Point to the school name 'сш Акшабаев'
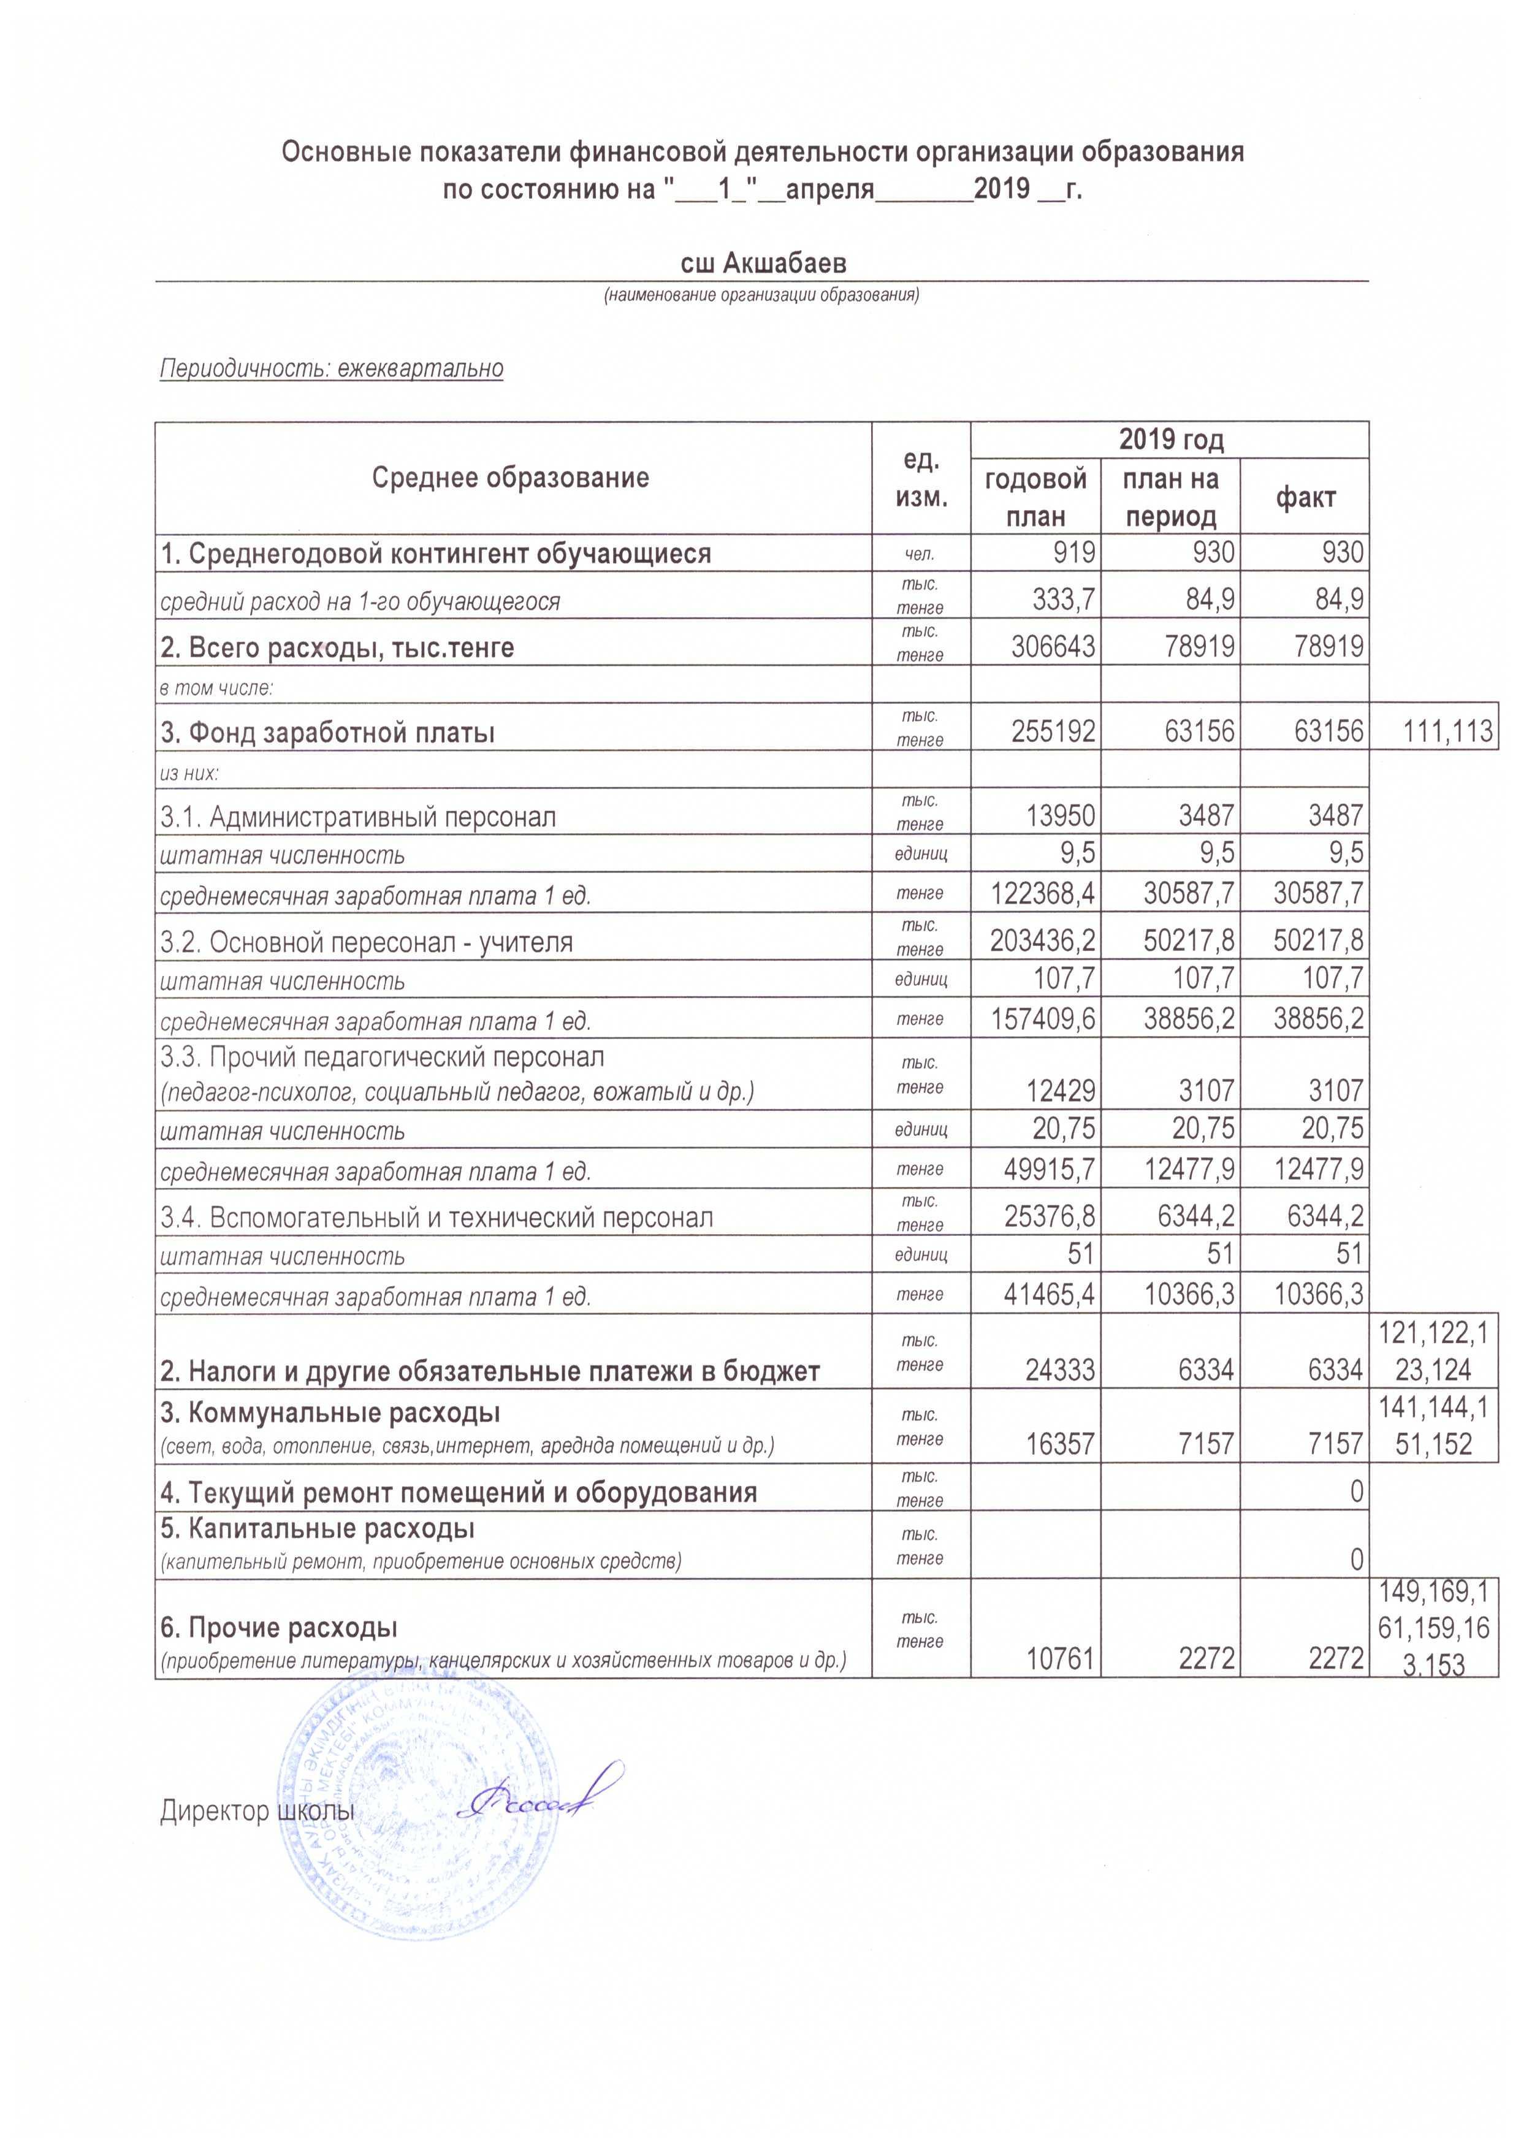(x=763, y=264)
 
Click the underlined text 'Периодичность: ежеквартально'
(x=332, y=369)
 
